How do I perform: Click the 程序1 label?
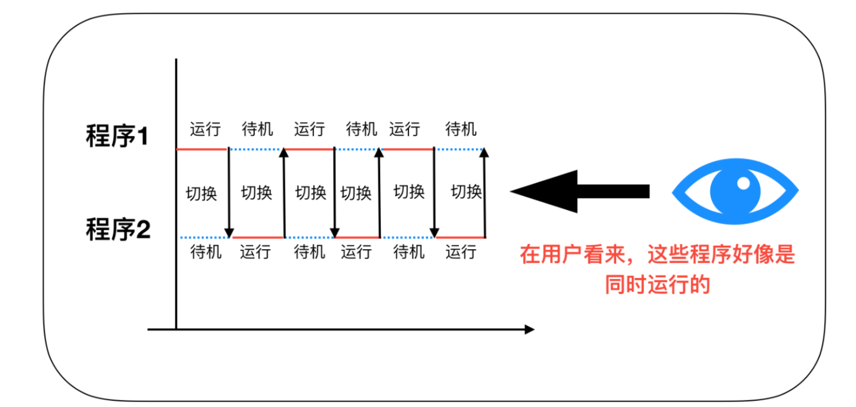click(x=117, y=136)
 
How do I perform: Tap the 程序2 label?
click(x=117, y=229)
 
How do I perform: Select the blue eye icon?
click(x=735, y=192)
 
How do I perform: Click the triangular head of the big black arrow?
click(x=543, y=191)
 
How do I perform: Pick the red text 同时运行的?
click(x=657, y=285)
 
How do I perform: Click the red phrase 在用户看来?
click(x=573, y=256)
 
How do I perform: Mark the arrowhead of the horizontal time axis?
click(x=529, y=329)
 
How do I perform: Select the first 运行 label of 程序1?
click(x=205, y=130)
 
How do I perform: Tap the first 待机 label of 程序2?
click(x=206, y=252)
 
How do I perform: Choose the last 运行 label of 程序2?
click(x=461, y=252)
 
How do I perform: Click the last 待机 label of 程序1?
click(x=461, y=130)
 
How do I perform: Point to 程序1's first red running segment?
click(x=201, y=149)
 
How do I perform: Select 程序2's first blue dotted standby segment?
click(x=201, y=237)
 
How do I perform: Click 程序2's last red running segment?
click(x=461, y=237)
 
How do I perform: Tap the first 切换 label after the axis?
click(x=201, y=194)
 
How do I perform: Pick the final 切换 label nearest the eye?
click(x=466, y=192)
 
